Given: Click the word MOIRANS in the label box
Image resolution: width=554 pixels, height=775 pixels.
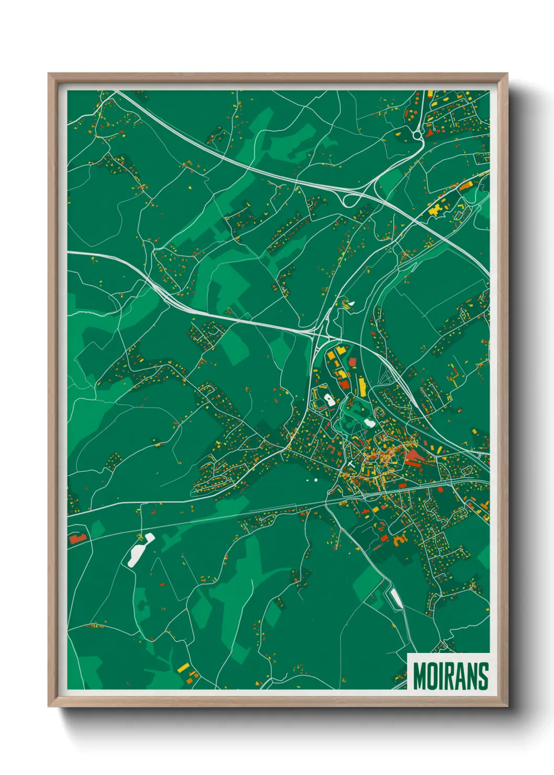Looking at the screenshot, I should tap(450, 676).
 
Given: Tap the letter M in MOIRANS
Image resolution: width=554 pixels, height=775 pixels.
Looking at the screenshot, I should tap(419, 676).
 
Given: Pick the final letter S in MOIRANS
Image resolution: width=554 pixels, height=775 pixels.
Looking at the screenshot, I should tap(483, 676).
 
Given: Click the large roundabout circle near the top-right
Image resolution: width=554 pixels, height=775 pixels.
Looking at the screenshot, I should tap(417, 136).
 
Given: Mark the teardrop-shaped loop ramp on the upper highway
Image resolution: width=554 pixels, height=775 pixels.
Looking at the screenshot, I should tap(347, 200).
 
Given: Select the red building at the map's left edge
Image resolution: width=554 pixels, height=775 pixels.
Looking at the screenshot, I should tap(76, 538).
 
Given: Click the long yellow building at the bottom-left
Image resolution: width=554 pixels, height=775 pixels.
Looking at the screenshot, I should tap(183, 668).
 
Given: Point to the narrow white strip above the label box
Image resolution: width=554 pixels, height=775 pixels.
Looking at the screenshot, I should tap(396, 598).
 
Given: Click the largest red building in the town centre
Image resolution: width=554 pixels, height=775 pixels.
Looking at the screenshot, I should tap(414, 457).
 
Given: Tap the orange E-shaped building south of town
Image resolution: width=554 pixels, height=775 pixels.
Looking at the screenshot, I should tap(400, 539).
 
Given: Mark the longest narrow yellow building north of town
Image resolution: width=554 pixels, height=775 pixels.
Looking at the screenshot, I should tap(362, 387).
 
